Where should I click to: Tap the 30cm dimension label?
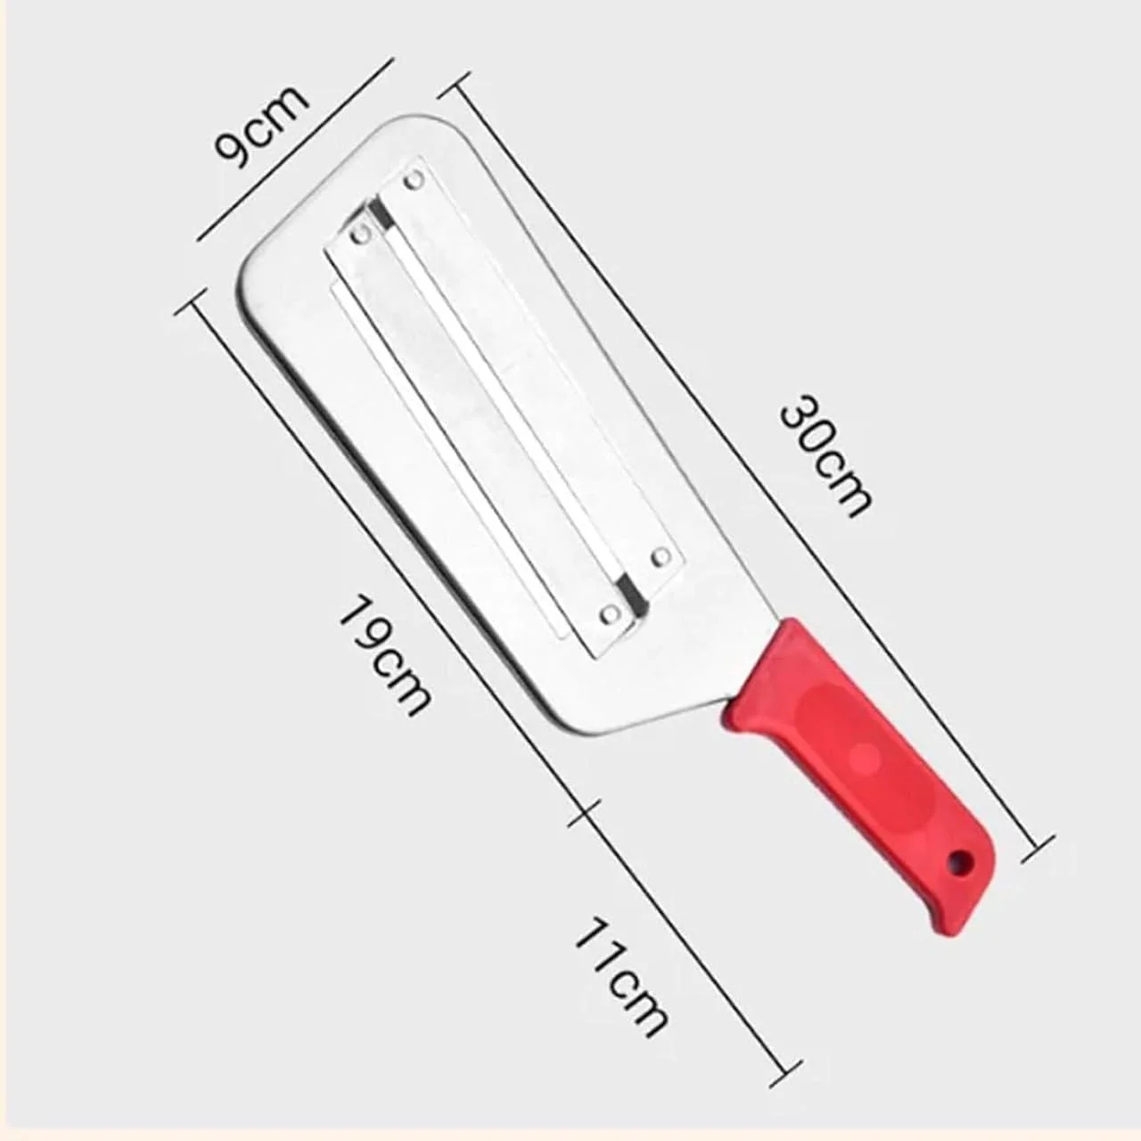pyautogui.click(x=824, y=456)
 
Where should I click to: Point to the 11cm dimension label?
pyautogui.click(x=620, y=978)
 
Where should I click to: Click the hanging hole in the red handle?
pyautogui.click(x=961, y=862)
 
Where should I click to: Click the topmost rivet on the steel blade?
pyautogui.click(x=413, y=182)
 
